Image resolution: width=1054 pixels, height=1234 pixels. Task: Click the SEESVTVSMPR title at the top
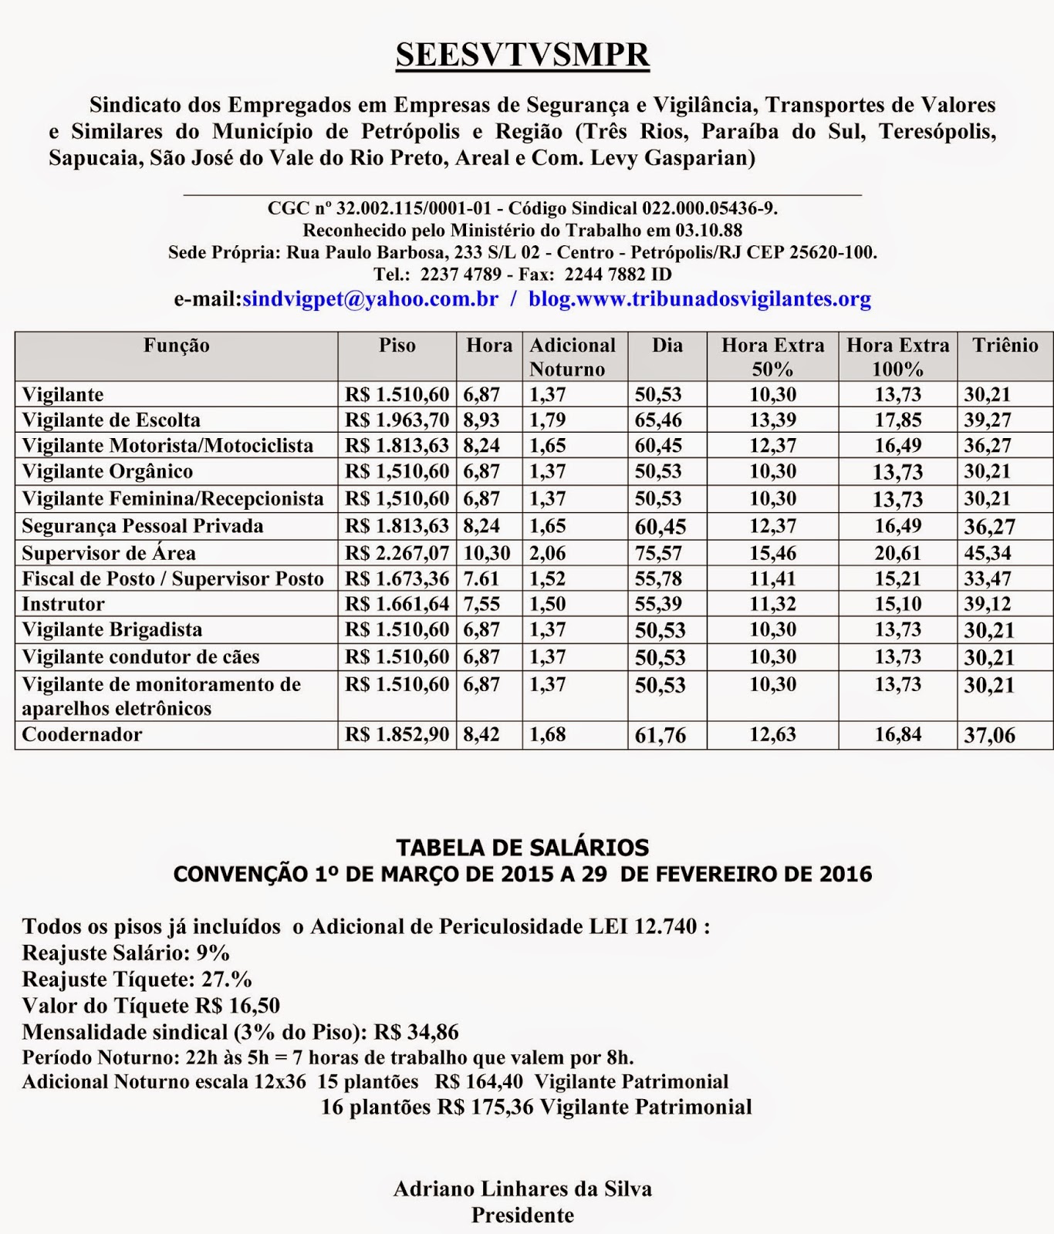(522, 56)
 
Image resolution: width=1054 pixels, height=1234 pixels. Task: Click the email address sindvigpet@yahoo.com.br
(370, 299)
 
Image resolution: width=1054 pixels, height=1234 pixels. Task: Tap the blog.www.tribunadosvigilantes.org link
(699, 299)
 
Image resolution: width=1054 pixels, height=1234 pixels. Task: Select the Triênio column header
(1005, 346)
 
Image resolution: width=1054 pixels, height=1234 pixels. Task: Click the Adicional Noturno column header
(573, 356)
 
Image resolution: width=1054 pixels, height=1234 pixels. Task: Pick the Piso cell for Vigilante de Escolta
(397, 420)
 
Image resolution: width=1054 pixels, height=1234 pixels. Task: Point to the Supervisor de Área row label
(109, 553)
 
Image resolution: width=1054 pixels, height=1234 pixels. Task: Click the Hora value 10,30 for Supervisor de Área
(486, 553)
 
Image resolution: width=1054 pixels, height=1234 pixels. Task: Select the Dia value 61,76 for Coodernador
(660, 736)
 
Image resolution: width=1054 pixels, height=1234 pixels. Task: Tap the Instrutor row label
(63, 604)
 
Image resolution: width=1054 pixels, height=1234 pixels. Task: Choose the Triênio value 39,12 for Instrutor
(988, 605)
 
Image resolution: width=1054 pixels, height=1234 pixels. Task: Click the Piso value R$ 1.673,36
(397, 578)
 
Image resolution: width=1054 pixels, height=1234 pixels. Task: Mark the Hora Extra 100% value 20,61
(897, 553)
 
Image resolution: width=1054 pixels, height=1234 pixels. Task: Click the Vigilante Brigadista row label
(112, 630)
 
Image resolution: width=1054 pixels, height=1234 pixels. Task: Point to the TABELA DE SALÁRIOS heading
(522, 848)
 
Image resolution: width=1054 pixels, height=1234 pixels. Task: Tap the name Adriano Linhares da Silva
(522, 1188)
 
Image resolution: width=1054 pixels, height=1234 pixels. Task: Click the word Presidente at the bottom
(522, 1215)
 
